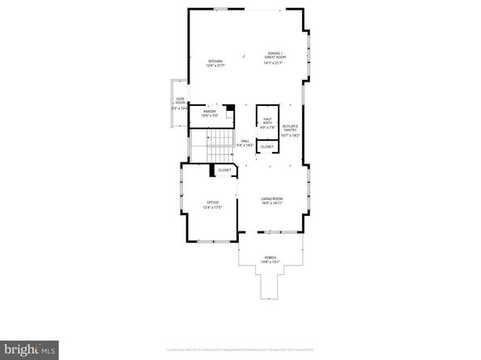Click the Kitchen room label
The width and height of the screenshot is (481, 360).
[x=215, y=61]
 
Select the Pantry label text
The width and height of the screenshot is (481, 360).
[x=209, y=111]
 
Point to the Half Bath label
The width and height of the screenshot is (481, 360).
[x=267, y=121]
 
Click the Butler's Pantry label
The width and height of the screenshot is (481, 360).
[x=290, y=128]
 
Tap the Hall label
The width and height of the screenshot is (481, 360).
[x=245, y=141]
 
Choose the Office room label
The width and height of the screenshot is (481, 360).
[x=213, y=202]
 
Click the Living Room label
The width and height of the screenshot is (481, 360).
[x=271, y=198]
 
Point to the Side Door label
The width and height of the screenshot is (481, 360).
[x=181, y=100]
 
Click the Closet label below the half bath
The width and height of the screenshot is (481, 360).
[x=266, y=146]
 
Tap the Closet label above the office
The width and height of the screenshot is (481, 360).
[x=224, y=171]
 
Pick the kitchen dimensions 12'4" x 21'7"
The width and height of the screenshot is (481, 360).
[x=215, y=66]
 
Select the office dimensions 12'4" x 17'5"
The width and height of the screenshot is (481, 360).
[x=213, y=207]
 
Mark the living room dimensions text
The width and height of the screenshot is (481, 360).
[x=271, y=203]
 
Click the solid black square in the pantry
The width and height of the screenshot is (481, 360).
[x=231, y=108]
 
